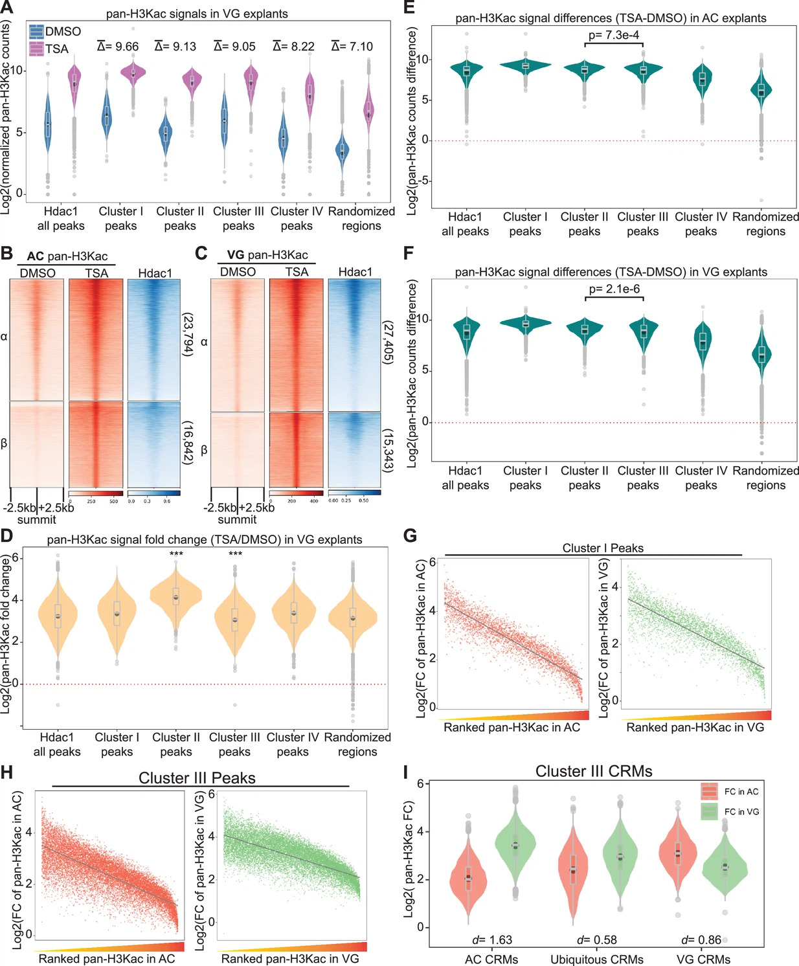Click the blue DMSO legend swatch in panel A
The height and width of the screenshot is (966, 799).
pos(36,31)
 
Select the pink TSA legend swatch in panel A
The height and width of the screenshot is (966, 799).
pos(36,49)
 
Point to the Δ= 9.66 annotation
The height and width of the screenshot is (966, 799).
pos(118,47)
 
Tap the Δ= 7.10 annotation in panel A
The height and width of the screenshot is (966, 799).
pos(352,47)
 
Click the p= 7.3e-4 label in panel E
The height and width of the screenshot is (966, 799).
pos(614,35)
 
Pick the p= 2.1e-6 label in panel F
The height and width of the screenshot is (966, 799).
pos(614,289)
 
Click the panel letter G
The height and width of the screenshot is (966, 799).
pos(410,536)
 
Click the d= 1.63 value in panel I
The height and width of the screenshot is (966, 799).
pos(492,939)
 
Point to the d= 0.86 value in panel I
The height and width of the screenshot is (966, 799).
pos(701,939)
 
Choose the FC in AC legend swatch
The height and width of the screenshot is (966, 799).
pos(709,791)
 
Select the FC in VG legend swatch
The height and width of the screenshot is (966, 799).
pos(709,812)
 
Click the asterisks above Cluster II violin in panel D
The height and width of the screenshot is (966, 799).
pos(176,555)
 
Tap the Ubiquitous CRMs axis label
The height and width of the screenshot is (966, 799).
pos(597,959)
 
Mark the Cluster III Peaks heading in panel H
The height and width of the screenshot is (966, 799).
pos(197,778)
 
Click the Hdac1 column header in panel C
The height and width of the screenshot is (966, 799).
pos(355,272)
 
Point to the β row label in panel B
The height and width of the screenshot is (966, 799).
pos(4,444)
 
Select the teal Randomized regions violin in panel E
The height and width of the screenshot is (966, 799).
pos(761,91)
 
